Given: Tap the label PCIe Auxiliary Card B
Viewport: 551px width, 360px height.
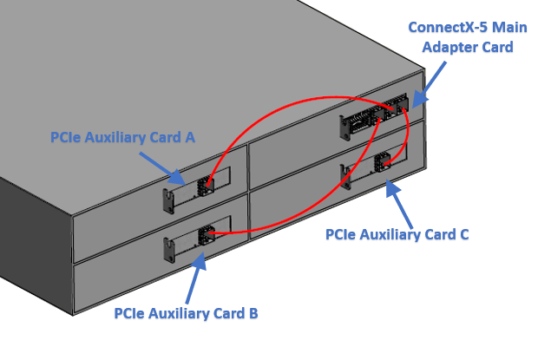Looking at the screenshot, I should tap(186, 313).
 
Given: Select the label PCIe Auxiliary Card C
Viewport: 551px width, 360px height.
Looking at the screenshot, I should tap(397, 234).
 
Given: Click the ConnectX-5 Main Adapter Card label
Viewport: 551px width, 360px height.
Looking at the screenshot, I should tap(468, 36).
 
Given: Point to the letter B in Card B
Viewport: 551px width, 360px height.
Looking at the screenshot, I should tap(253, 313).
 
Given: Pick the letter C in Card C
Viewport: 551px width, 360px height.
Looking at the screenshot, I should tap(463, 234).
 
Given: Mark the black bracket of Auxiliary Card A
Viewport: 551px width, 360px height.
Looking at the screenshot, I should tap(168, 201).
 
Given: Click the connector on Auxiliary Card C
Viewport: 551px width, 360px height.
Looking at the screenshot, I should tap(382, 162).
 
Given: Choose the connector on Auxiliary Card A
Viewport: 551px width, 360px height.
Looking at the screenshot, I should tap(207, 184).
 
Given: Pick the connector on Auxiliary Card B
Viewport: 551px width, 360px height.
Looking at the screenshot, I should tap(207, 234).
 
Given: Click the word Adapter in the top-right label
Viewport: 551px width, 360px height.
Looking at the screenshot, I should tap(452, 46).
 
